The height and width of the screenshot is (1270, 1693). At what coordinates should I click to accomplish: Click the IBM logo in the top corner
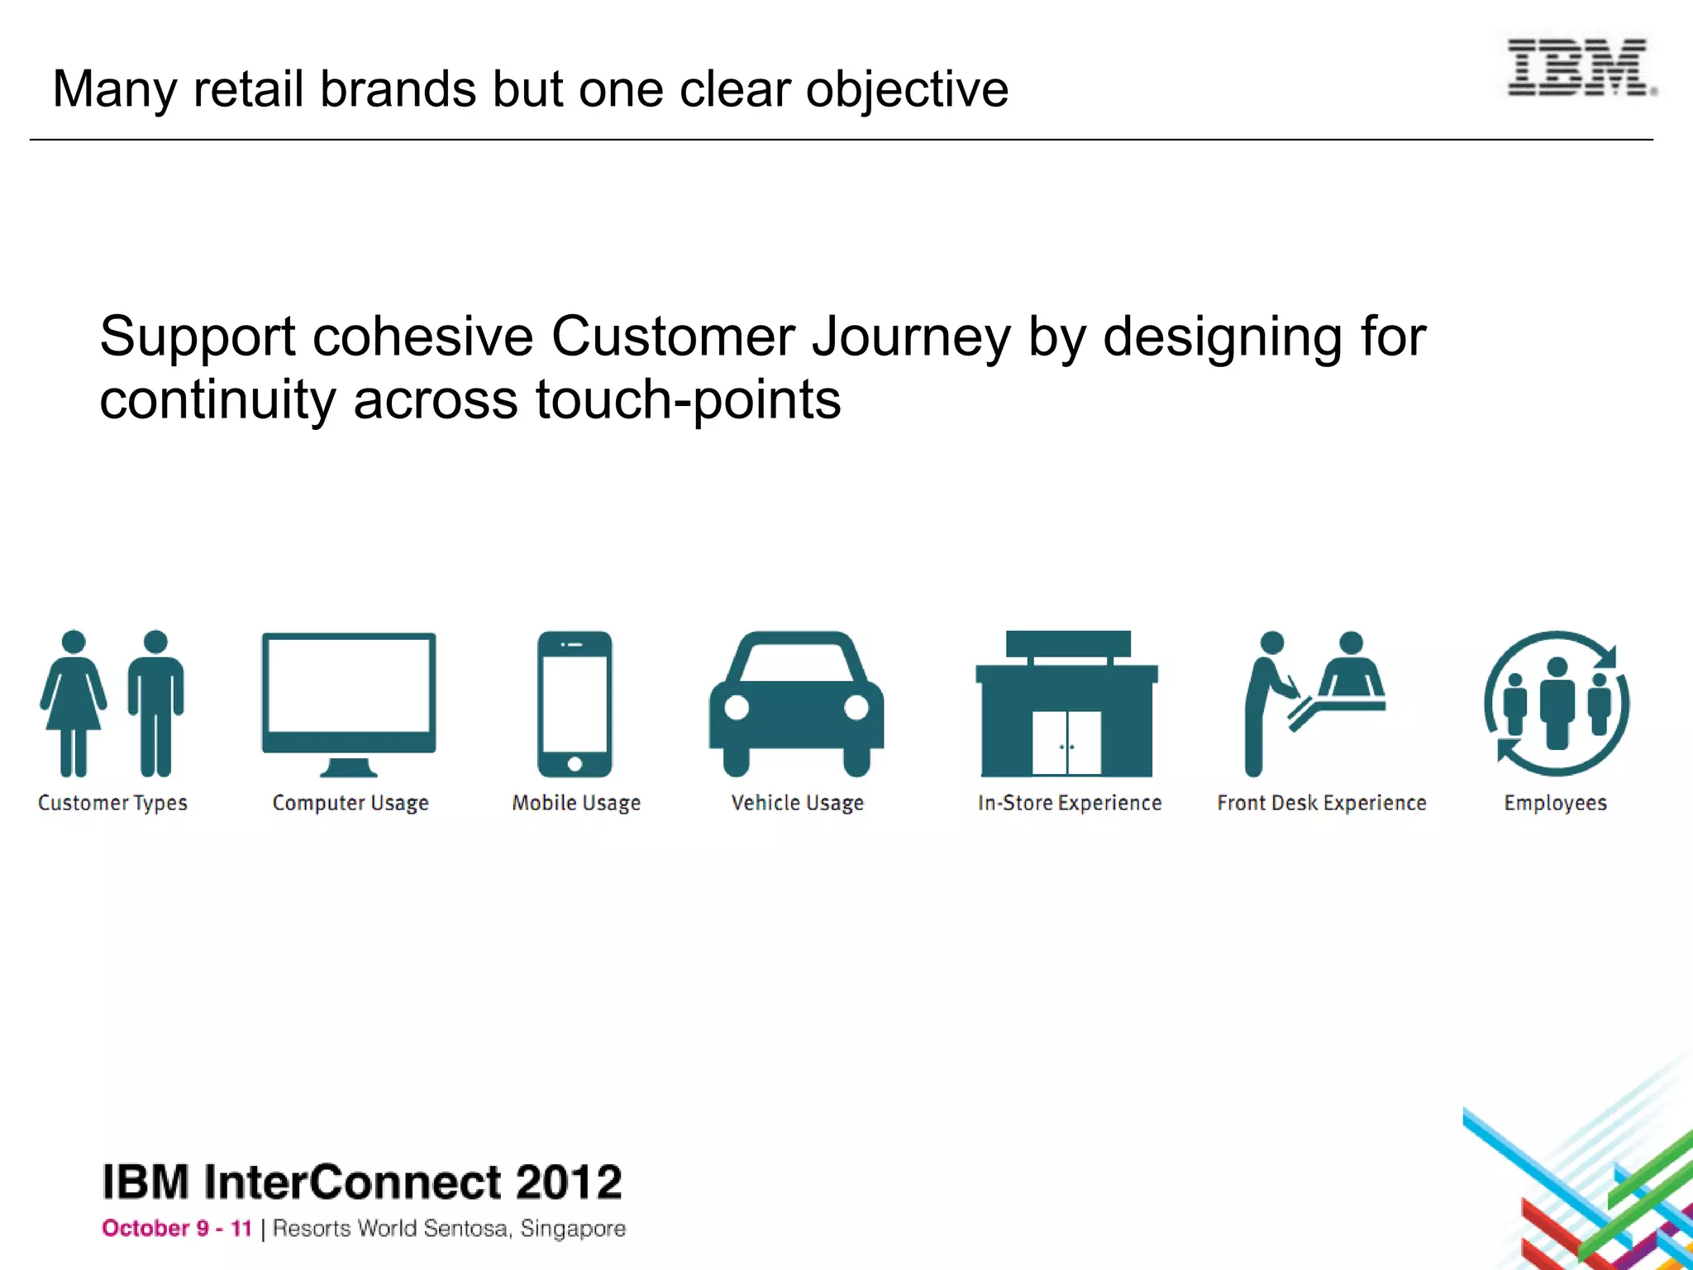[1579, 68]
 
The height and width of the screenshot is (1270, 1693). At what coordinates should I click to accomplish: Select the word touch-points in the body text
[688, 400]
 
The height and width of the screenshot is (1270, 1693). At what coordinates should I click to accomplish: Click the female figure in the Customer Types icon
[74, 703]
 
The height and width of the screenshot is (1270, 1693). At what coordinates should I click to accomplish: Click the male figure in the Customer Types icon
[155, 703]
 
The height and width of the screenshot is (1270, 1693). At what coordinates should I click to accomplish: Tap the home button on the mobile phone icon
[575, 764]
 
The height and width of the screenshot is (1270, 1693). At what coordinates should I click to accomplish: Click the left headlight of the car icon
[737, 708]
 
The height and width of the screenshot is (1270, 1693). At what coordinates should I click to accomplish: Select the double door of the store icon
[1066, 742]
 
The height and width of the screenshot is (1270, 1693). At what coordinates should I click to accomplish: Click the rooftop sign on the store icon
[1068, 643]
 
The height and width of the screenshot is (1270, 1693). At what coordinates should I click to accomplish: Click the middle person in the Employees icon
[1557, 703]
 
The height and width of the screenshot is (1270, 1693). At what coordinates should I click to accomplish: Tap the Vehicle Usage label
[797, 803]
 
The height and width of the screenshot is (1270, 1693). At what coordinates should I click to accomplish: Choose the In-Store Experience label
[1069, 803]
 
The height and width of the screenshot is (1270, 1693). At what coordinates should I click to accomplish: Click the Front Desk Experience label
[1321, 803]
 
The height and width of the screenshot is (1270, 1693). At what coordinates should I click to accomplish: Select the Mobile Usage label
[576, 803]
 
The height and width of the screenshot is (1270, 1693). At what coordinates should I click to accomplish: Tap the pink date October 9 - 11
[177, 1229]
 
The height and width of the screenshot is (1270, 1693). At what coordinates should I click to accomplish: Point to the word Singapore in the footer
[572, 1229]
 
